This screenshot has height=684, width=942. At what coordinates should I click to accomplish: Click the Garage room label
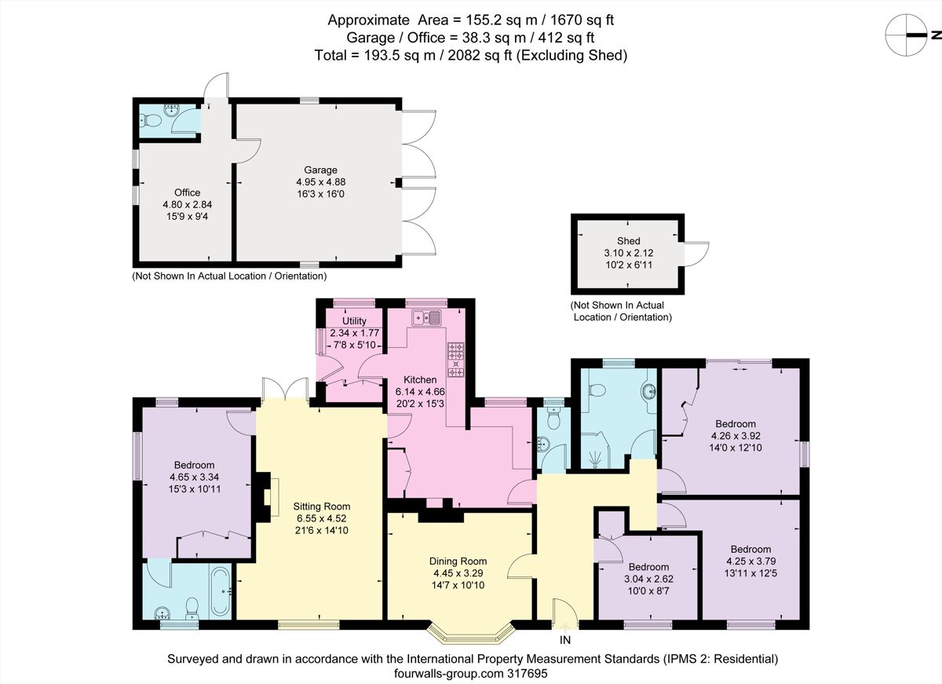tap(321, 170)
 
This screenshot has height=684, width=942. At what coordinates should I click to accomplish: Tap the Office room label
tap(187, 192)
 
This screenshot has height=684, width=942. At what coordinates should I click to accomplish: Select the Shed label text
tap(628, 241)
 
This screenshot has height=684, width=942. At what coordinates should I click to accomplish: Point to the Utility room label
tap(354, 321)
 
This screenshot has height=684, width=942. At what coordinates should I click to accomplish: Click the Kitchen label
tap(420, 379)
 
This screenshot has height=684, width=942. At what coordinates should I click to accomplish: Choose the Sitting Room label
tap(322, 507)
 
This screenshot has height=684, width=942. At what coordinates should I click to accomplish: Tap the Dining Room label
tap(458, 561)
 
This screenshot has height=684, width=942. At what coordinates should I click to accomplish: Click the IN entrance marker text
tap(565, 641)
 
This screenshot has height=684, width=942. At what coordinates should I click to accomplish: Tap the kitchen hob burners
tap(456, 360)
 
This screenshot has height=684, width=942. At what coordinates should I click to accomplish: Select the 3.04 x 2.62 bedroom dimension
tap(648, 580)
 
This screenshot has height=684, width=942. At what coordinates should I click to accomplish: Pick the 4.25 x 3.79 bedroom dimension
tap(750, 561)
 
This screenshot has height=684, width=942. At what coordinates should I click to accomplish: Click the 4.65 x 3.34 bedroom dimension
tap(192, 477)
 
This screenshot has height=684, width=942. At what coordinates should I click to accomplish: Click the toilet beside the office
tap(151, 121)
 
